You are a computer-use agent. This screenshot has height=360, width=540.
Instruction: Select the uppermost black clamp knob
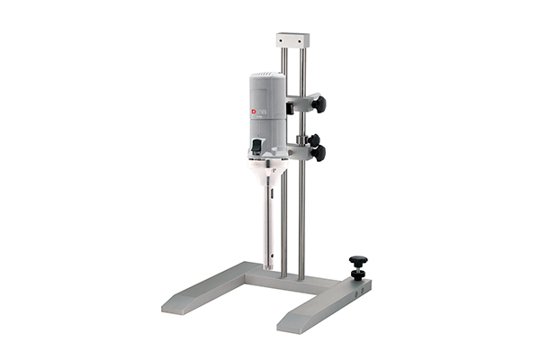pyautogui.click(x=319, y=104)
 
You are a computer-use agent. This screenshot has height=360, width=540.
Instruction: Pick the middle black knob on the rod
pyautogui.click(x=314, y=139)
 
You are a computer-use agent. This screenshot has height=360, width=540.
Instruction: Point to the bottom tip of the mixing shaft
pyautogui.click(x=269, y=267)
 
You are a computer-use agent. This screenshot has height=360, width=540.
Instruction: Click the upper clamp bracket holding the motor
pyautogui.click(x=297, y=103)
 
